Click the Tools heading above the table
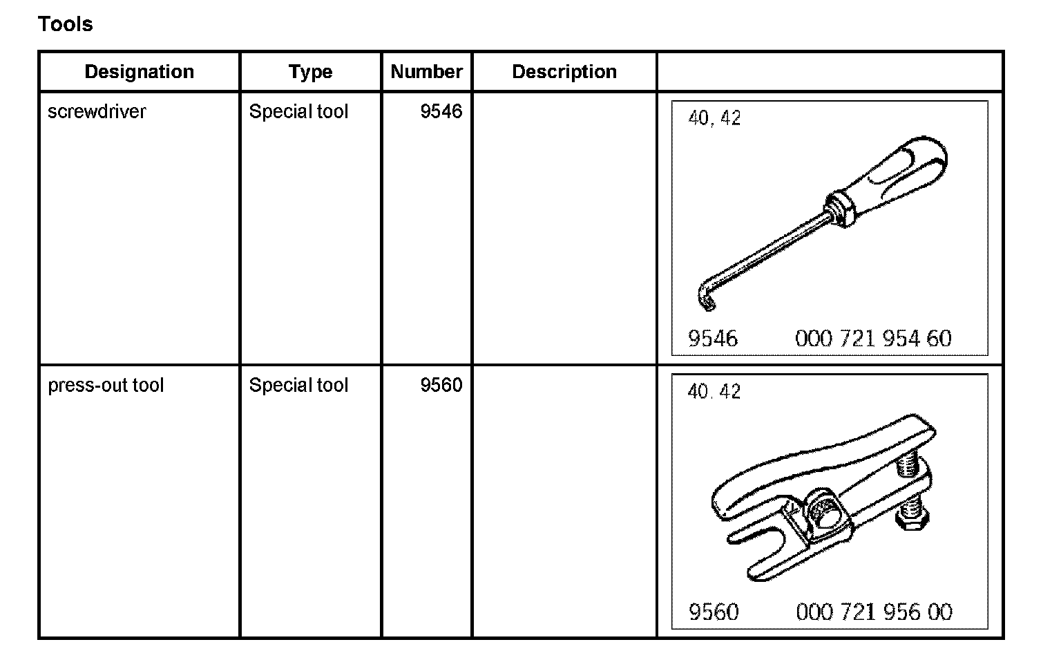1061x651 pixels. (x=65, y=24)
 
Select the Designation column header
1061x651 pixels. (x=139, y=72)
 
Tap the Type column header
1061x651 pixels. (x=310, y=72)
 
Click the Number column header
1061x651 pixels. (x=426, y=72)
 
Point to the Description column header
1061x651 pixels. (x=564, y=72)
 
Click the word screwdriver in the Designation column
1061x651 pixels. (x=97, y=112)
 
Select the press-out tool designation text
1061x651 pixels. (x=106, y=385)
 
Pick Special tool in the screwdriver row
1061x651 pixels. (x=298, y=112)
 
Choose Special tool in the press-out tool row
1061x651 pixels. (x=298, y=385)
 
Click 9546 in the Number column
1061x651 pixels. (x=441, y=112)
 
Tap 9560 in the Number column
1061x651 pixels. (x=441, y=385)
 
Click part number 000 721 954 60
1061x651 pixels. (x=873, y=339)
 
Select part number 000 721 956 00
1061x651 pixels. (x=874, y=612)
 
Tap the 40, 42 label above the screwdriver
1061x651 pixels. (x=714, y=119)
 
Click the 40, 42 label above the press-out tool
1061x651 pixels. (x=714, y=392)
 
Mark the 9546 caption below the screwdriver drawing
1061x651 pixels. (x=713, y=339)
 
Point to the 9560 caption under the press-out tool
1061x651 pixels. (x=714, y=612)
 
